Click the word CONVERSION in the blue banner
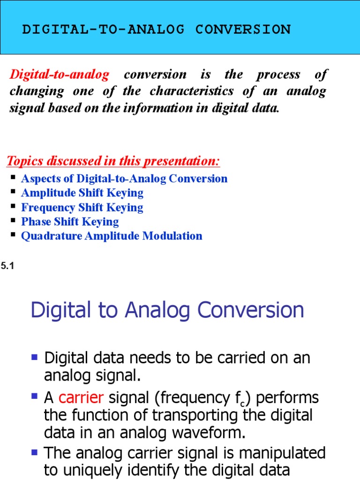pyautogui.click(x=243, y=30)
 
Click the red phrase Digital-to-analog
pyautogui.click(x=60, y=75)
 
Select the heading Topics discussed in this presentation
pyautogui.click(x=113, y=161)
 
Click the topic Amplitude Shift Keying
pyautogui.click(x=82, y=193)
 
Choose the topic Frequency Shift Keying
pyautogui.click(x=82, y=208)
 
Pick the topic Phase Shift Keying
pyautogui.click(x=70, y=222)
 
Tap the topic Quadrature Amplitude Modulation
pyautogui.click(x=112, y=236)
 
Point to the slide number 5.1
pyautogui.click(x=7, y=266)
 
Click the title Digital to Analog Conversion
pyautogui.click(x=167, y=310)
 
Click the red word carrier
pyautogui.click(x=81, y=398)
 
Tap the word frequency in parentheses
pyautogui.click(x=192, y=398)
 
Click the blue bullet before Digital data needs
pyautogui.click(x=34, y=358)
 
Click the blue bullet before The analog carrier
pyautogui.click(x=34, y=452)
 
